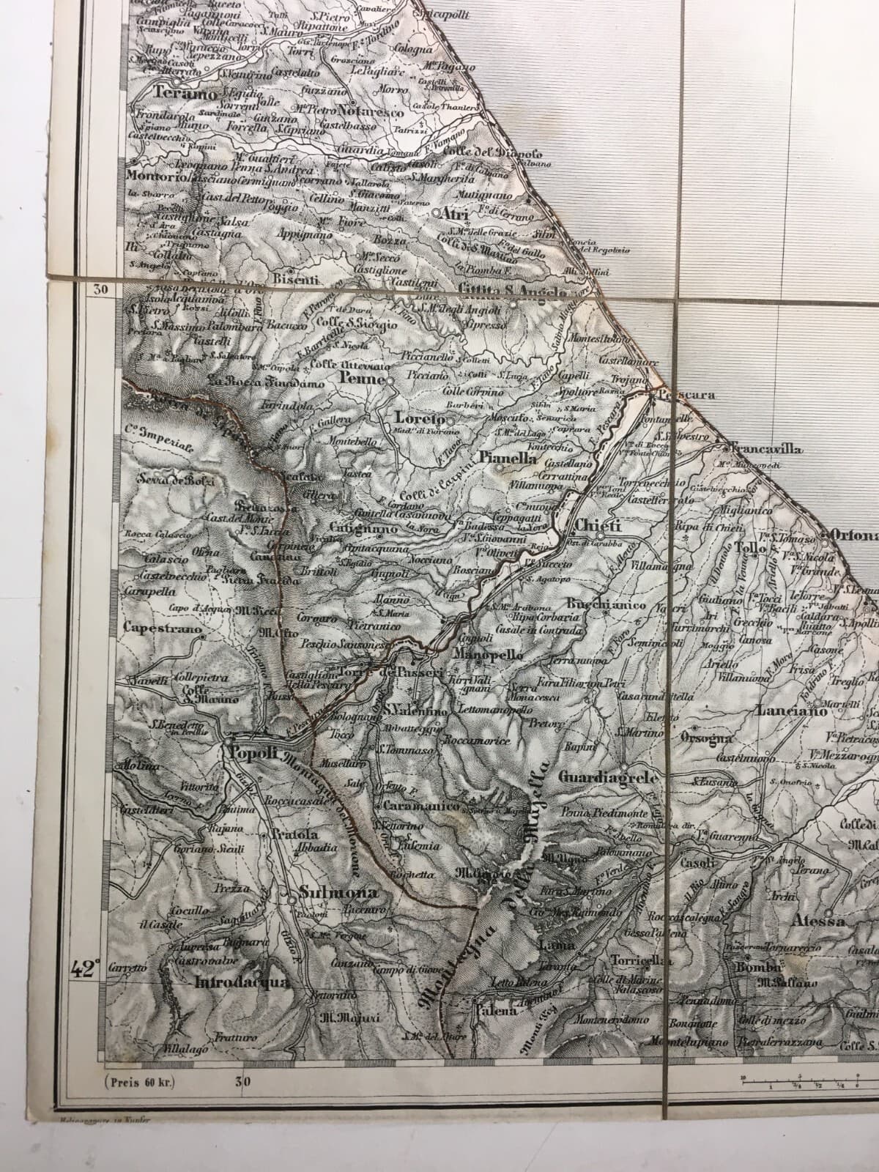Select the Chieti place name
coord(598,524)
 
